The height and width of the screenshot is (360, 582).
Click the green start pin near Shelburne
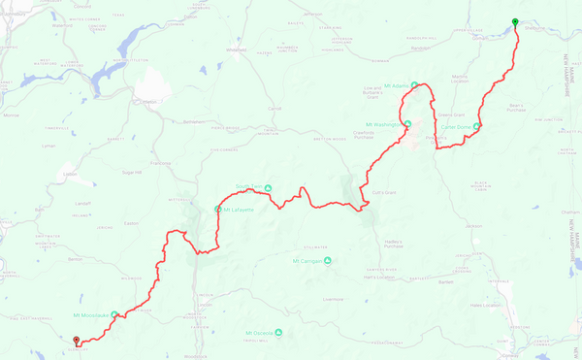point(515,22)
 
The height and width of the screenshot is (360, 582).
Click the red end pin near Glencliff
point(77,340)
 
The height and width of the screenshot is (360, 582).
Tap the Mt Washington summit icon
point(408,123)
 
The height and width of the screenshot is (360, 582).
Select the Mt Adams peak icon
point(414,84)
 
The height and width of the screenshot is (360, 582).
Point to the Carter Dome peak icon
point(477,125)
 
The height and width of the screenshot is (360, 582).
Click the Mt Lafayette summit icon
point(217,209)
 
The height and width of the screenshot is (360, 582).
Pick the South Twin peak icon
point(268,188)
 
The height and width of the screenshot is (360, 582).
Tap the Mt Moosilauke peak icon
point(114,314)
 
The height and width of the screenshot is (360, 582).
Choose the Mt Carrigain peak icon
point(328,260)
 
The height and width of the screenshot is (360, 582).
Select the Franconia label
point(161,163)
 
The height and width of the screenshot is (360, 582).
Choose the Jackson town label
point(472,226)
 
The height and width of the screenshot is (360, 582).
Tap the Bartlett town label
point(446,282)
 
